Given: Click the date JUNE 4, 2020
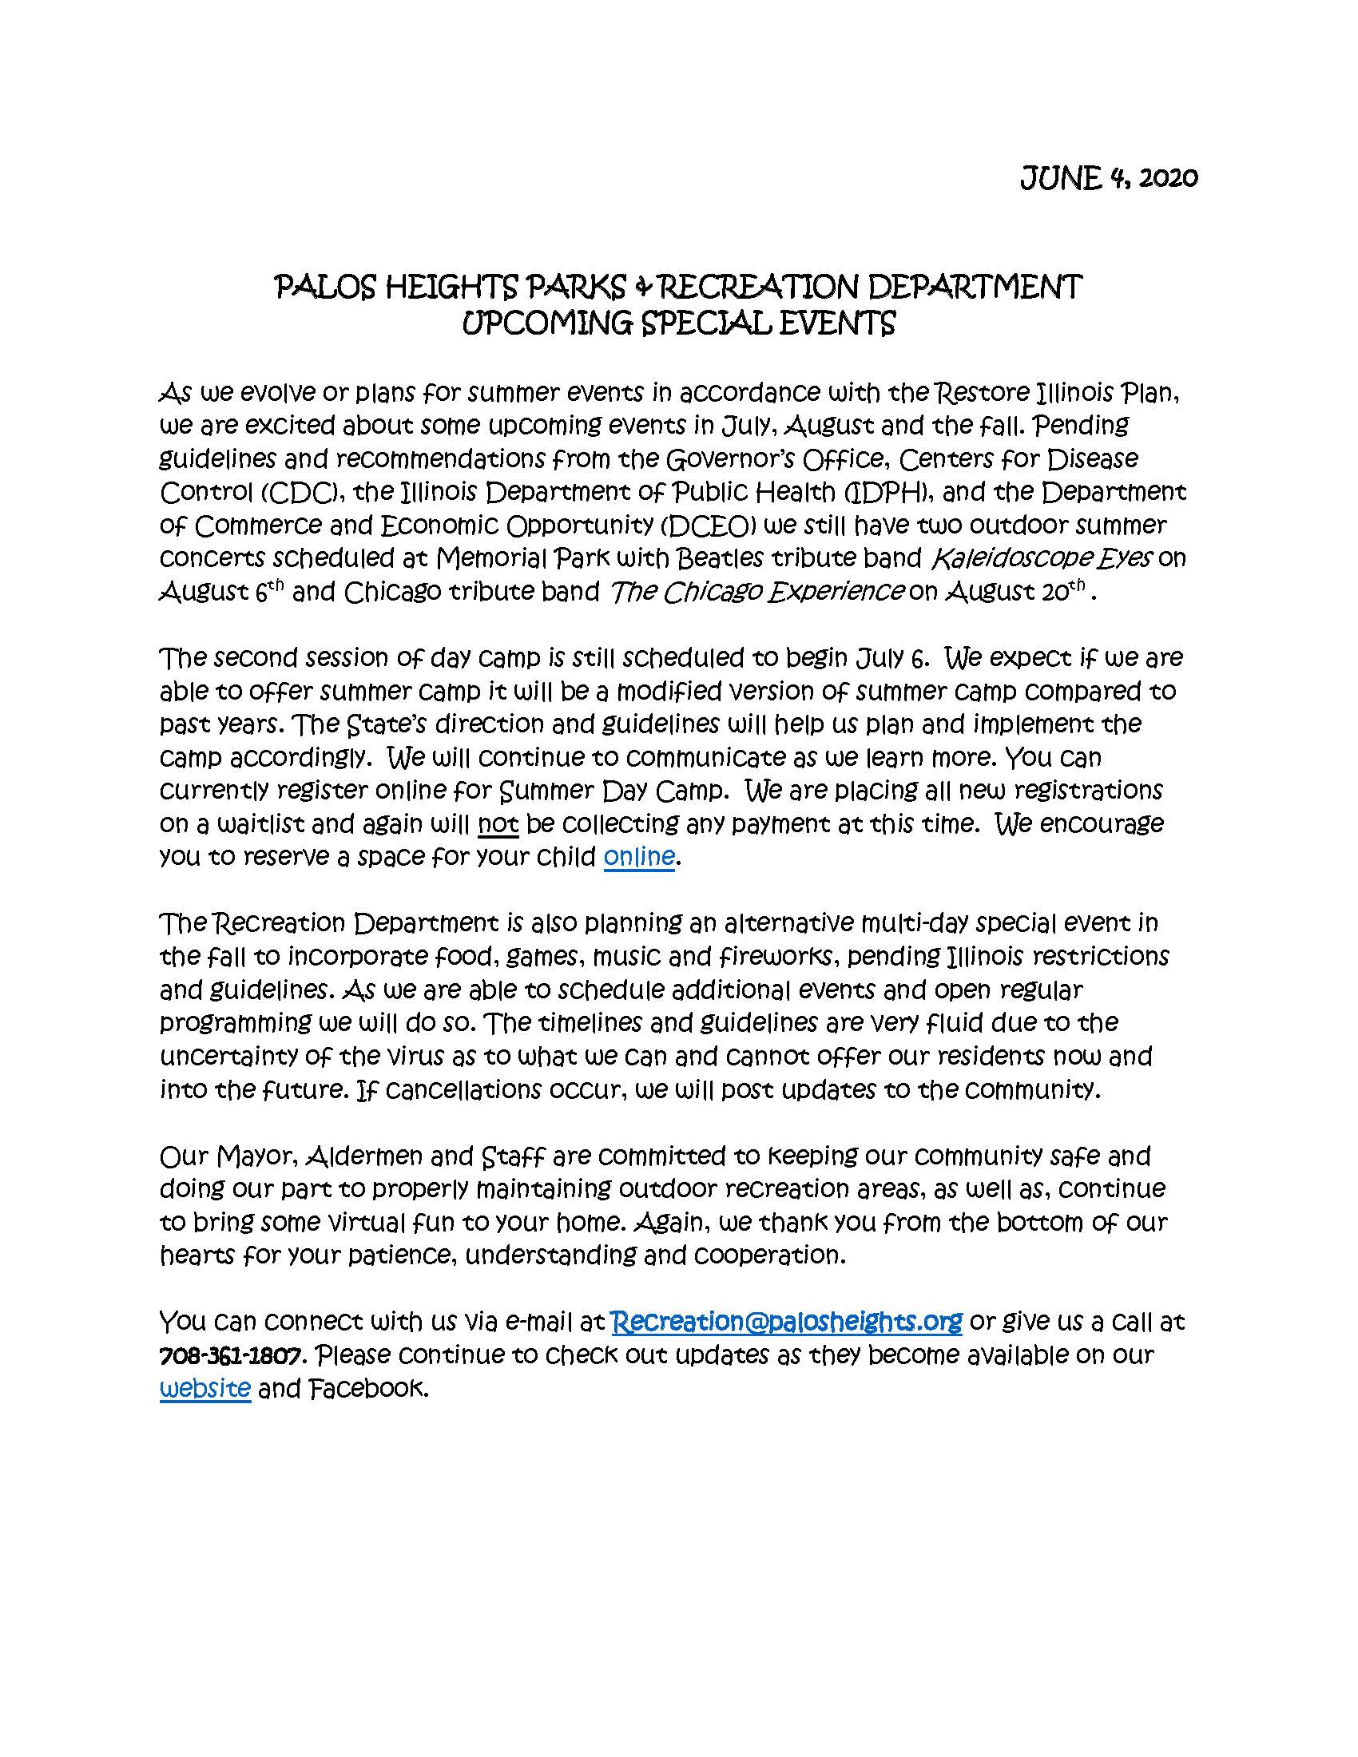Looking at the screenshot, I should point(1109,178).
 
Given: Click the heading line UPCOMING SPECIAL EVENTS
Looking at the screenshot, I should point(678,323).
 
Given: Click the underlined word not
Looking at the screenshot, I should point(498,824).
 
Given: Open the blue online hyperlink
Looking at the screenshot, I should point(639,857).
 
